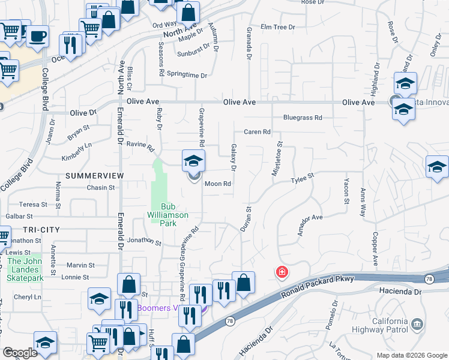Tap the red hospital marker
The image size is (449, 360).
pyautogui.click(x=281, y=272)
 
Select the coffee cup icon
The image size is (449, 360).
pyautogui.click(x=38, y=36)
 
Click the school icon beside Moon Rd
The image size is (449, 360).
pyautogui.click(x=194, y=161)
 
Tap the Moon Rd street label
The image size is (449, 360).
pyautogui.click(x=218, y=184)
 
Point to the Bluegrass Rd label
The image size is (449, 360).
pyautogui.click(x=303, y=118)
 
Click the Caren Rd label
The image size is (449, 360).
pyautogui.click(x=258, y=132)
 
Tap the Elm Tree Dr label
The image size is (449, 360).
pyautogui.click(x=278, y=27)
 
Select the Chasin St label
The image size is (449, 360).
pyautogui.click(x=100, y=188)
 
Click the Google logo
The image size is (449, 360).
pyautogui.click(x=19, y=353)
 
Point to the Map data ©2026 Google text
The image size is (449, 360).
pyautogui.click(x=411, y=355)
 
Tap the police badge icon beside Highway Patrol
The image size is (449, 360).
pyautogui.click(x=416, y=325)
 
